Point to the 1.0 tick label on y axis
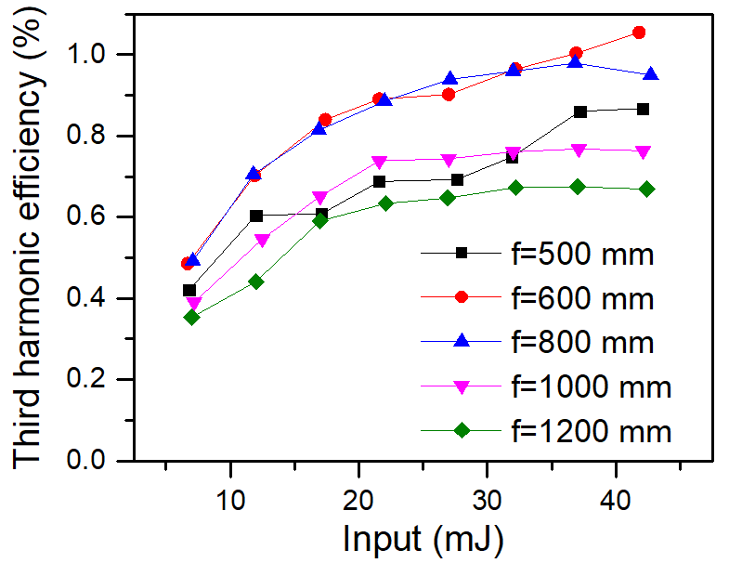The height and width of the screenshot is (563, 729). [90, 55]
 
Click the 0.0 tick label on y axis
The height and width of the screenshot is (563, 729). [90, 461]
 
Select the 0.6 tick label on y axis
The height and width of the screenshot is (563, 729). [90, 217]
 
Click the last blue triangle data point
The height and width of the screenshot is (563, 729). [652, 74]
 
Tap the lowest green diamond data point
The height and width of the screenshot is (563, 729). [191, 317]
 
